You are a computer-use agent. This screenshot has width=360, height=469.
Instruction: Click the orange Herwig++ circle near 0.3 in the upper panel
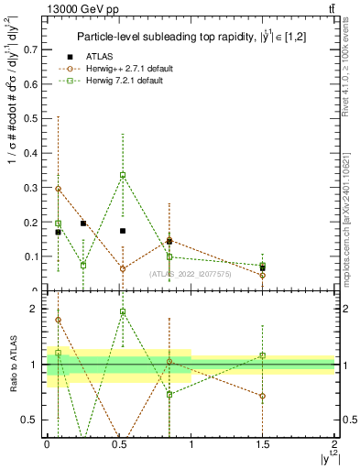click(x=59, y=189)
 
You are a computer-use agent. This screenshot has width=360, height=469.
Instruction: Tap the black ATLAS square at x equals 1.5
click(x=262, y=268)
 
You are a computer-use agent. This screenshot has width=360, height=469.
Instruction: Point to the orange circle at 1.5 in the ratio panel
click(x=262, y=397)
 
